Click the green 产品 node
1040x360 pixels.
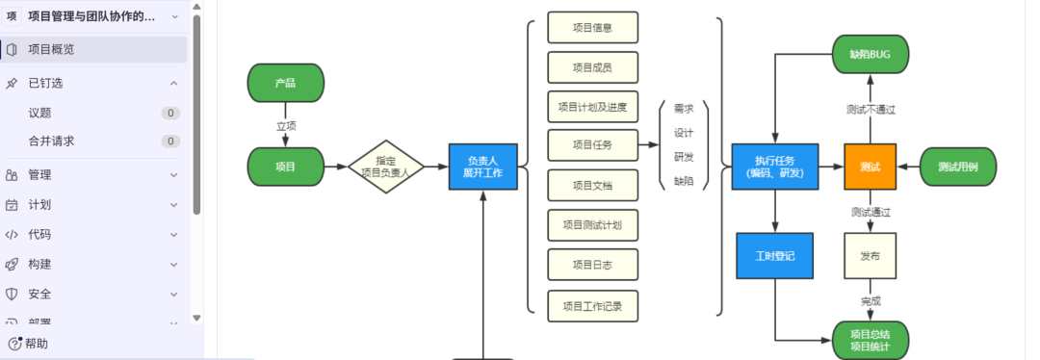(x=285, y=83)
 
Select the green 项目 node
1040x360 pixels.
(x=285, y=167)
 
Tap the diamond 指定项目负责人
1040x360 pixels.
(x=385, y=167)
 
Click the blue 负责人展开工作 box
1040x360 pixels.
(x=482, y=167)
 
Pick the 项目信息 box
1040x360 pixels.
(x=591, y=28)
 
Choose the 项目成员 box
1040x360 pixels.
(x=591, y=67)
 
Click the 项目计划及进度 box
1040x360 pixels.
(x=591, y=107)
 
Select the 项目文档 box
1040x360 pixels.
(x=591, y=185)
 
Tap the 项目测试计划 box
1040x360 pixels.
(x=591, y=225)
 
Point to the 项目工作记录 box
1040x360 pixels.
(x=591, y=307)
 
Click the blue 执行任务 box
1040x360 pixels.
(x=774, y=167)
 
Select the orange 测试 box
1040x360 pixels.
(x=870, y=167)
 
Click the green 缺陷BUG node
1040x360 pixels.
(x=870, y=54)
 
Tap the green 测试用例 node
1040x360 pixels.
(x=957, y=167)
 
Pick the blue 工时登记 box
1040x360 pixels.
(x=774, y=256)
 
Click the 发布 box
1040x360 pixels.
(x=870, y=256)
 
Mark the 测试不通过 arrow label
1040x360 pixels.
(x=870, y=110)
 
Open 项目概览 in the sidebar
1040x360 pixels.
(x=51, y=49)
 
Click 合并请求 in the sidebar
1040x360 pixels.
(x=51, y=141)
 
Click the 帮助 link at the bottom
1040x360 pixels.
(x=36, y=344)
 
